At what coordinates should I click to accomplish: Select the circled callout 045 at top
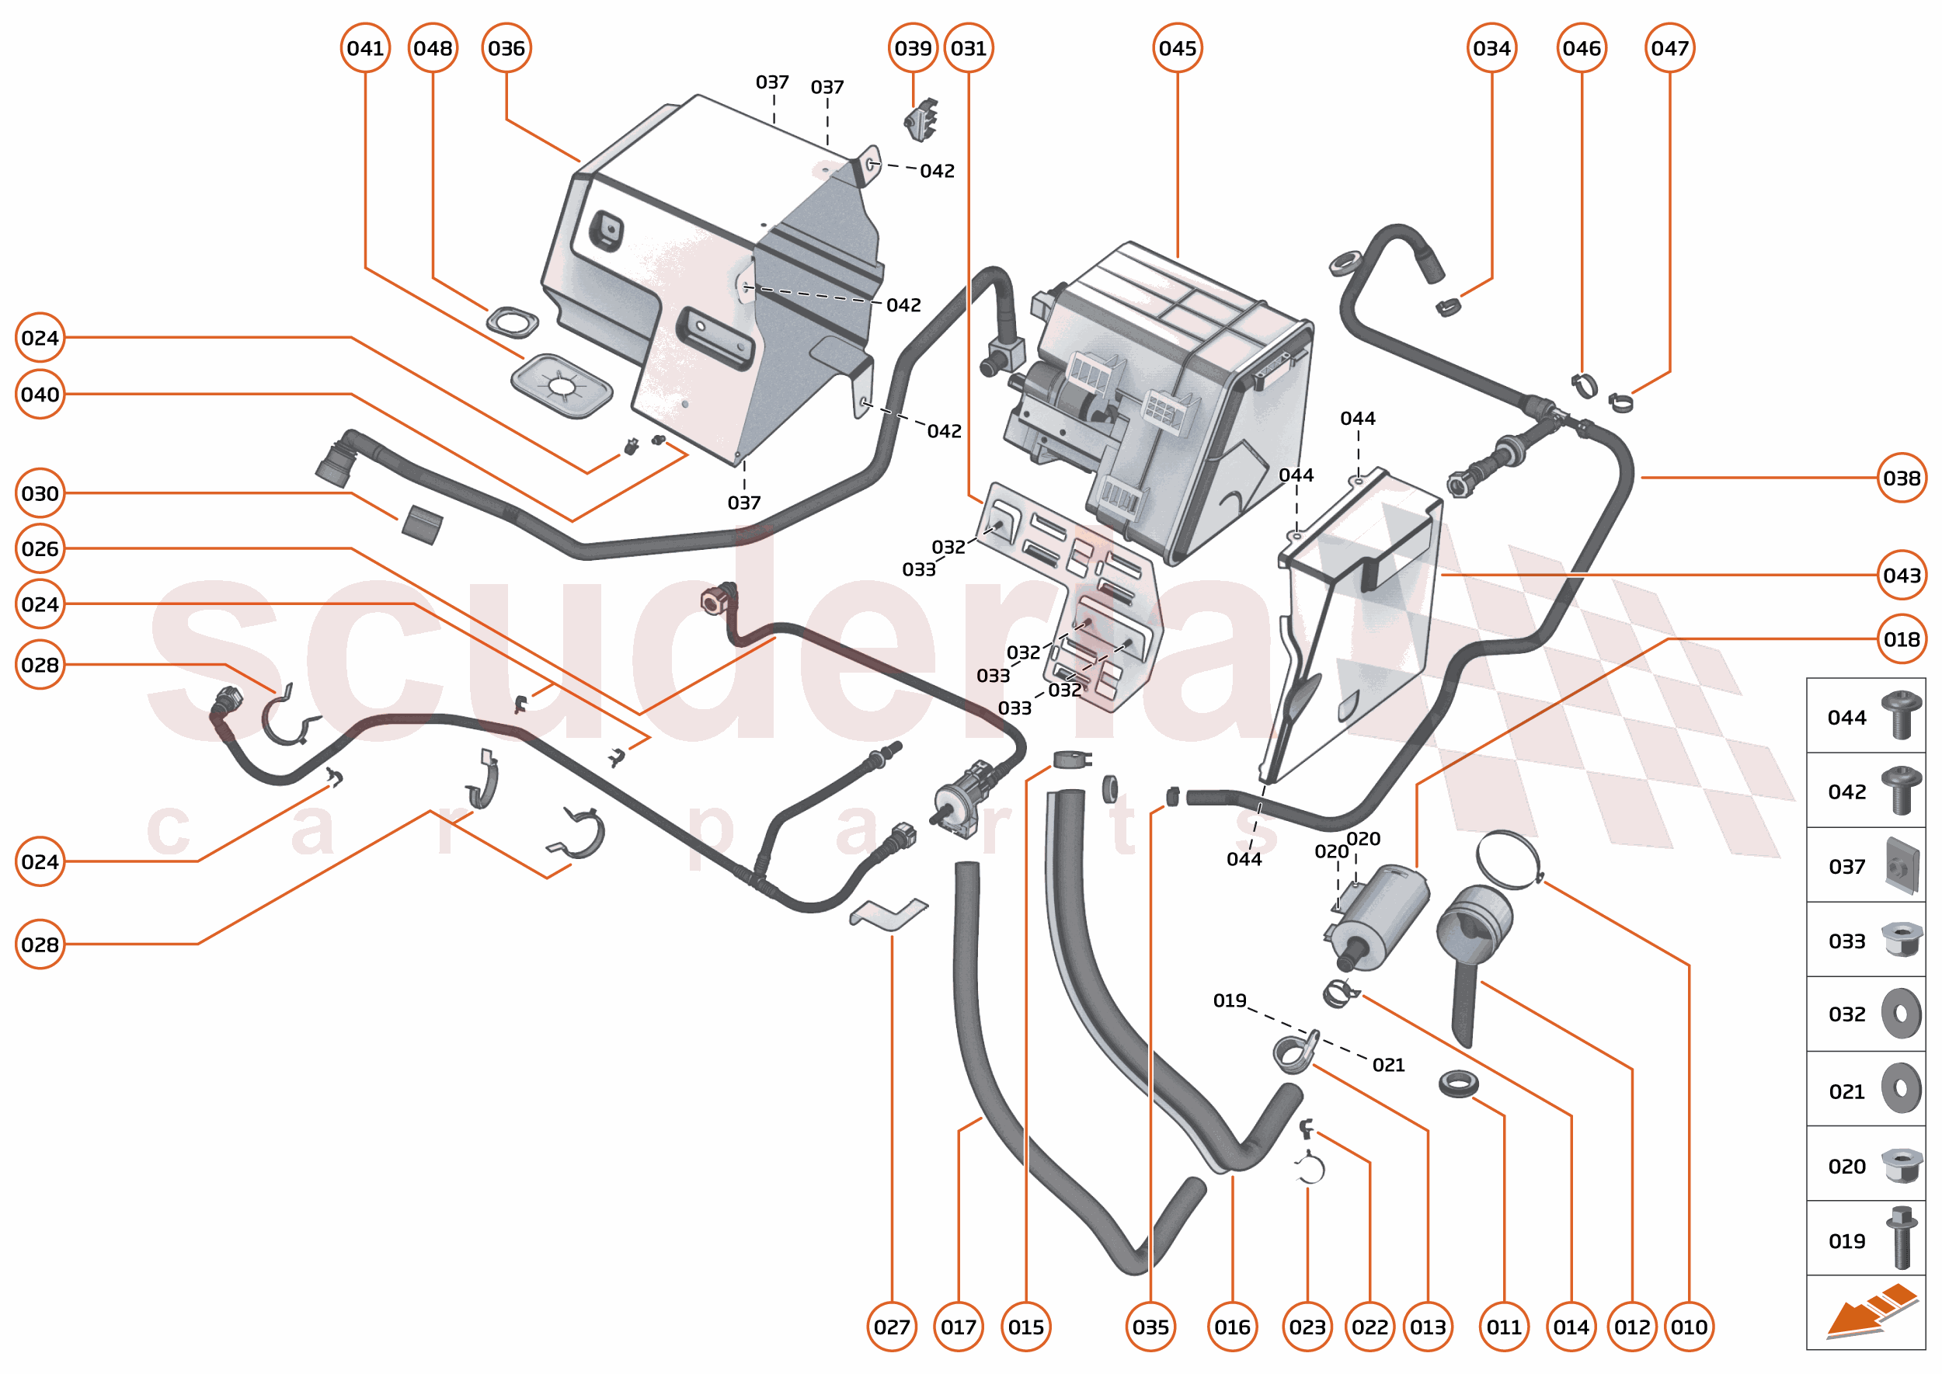[x=1177, y=48]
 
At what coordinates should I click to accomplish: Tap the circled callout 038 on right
[x=1901, y=478]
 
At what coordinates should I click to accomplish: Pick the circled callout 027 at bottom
[x=891, y=1327]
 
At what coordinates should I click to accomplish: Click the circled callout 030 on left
[x=40, y=493]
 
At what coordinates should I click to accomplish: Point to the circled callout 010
[x=1688, y=1327]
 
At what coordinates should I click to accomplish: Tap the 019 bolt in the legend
[x=1901, y=1238]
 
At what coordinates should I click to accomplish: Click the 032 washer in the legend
[x=1901, y=1014]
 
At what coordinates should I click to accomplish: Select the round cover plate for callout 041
[x=561, y=386]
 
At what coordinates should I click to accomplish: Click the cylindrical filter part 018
[x=1377, y=917]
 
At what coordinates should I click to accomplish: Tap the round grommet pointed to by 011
[x=1458, y=1082]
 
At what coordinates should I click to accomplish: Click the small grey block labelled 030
[x=421, y=524]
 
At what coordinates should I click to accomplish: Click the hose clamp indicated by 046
[x=1582, y=385]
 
